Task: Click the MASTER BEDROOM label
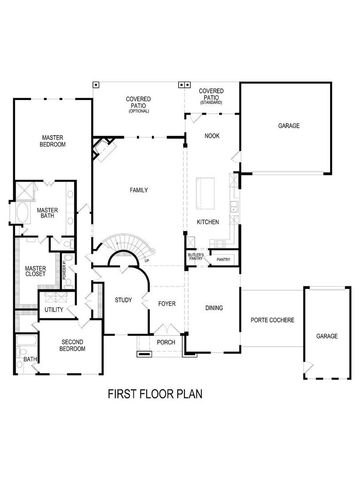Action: (x=53, y=141)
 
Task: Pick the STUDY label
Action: (x=124, y=299)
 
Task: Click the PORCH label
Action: (x=165, y=341)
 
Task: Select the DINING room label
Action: (x=213, y=308)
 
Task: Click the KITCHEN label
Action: (x=207, y=221)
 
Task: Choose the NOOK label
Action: (x=211, y=135)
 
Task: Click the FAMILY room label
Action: (x=138, y=190)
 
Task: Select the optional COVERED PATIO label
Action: (x=138, y=103)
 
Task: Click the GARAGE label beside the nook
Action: (x=288, y=126)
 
